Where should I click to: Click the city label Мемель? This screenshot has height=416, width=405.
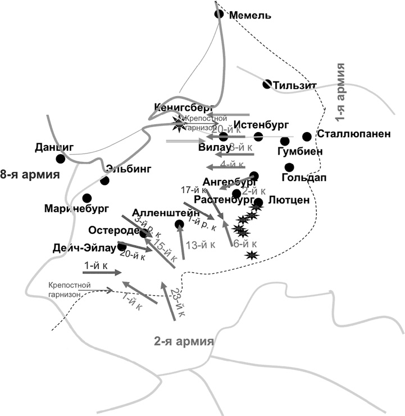click(251, 15)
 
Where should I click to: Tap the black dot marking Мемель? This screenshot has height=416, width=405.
click(220, 13)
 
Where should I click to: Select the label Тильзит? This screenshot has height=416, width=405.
click(295, 85)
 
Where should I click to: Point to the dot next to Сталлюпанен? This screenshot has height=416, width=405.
click(307, 136)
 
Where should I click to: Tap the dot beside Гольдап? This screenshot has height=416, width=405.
click(289, 167)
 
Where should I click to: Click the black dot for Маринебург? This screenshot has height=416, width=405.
click(87, 198)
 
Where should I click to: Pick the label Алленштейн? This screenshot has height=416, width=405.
click(160, 213)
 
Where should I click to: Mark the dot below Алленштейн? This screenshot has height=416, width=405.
click(179, 225)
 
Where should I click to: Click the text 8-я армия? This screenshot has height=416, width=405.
click(30, 174)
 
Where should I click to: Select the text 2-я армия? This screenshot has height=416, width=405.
click(184, 341)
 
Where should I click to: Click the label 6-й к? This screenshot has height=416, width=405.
click(244, 244)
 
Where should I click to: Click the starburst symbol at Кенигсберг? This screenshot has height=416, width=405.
click(179, 123)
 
